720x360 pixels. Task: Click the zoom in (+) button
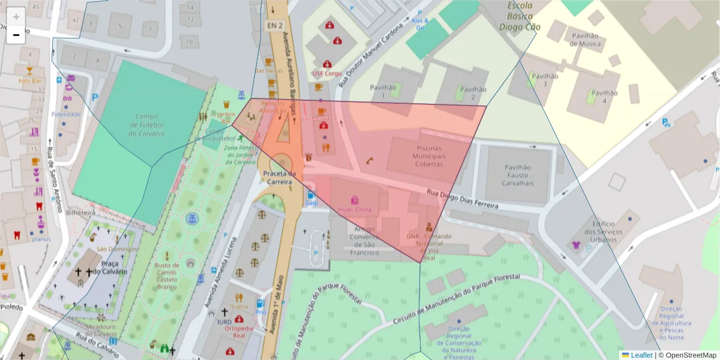[x=16, y=16]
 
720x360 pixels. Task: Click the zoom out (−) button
[x=16, y=35]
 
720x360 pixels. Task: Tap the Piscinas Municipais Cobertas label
[x=420, y=156]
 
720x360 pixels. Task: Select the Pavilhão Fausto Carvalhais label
[x=518, y=176]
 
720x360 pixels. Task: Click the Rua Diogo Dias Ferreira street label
[x=462, y=199]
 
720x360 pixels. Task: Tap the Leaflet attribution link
[x=641, y=355]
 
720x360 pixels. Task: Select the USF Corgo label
[x=327, y=73]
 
